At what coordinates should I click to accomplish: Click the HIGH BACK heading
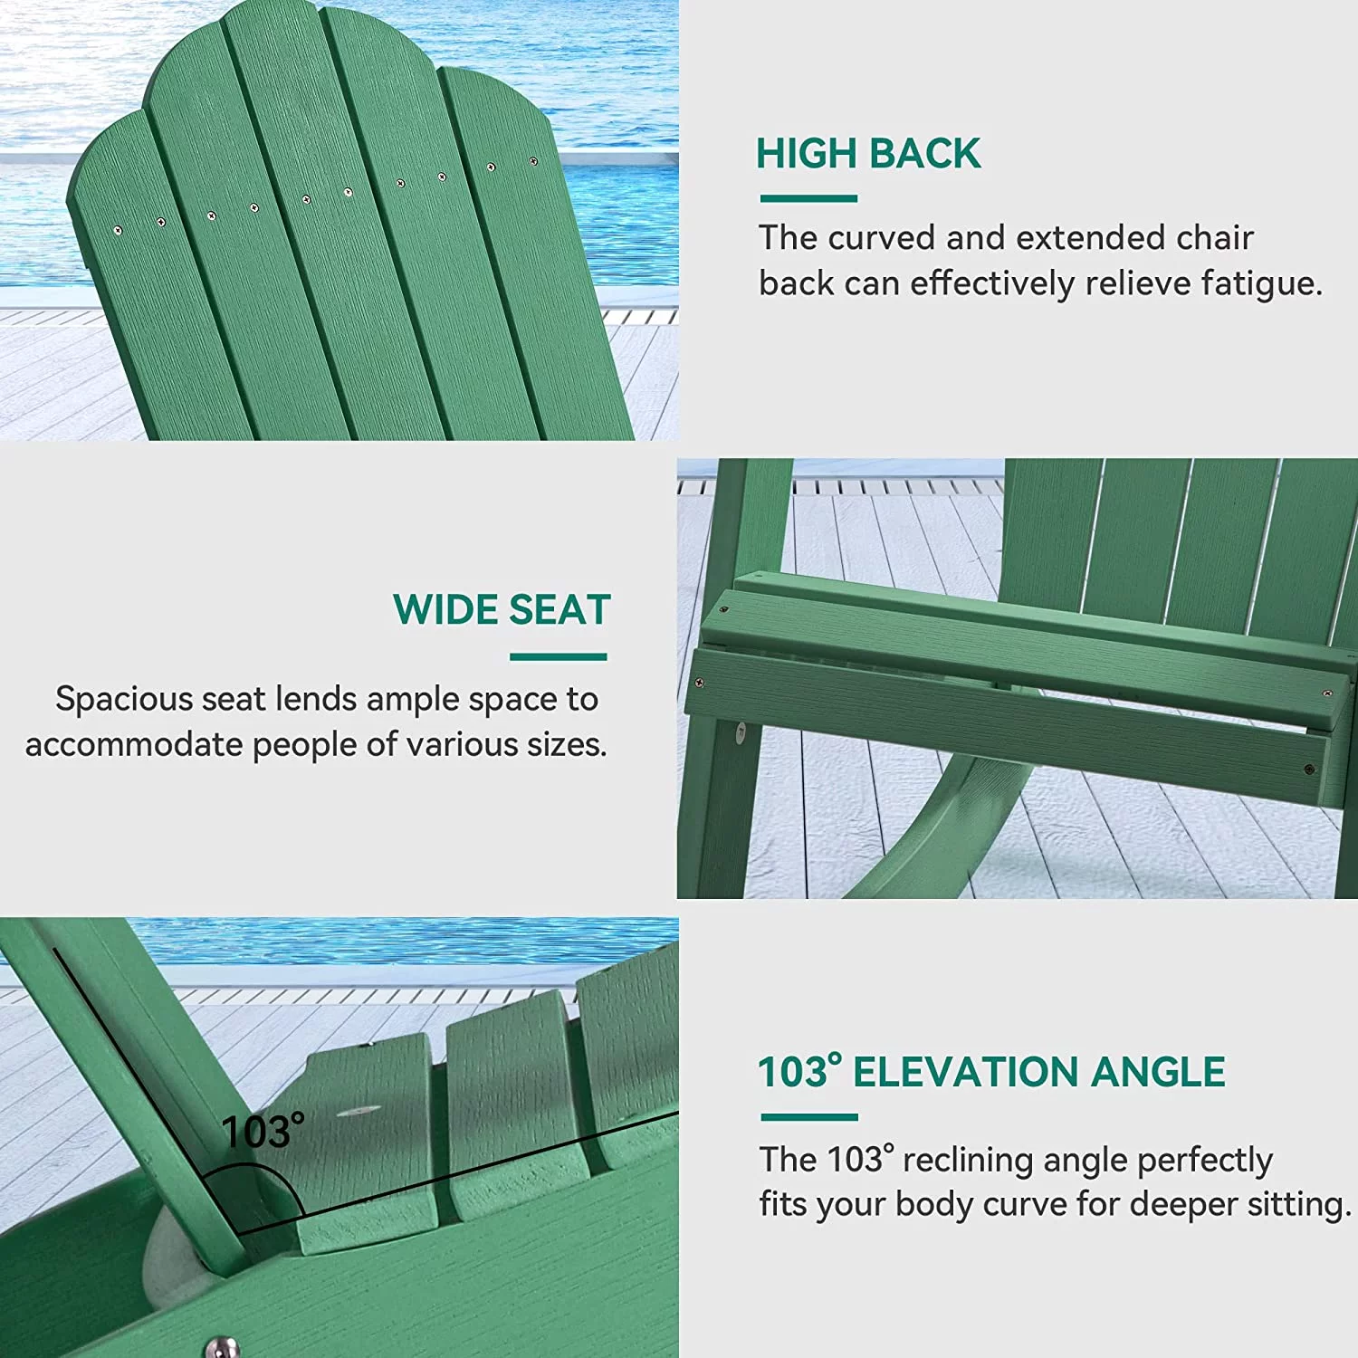coord(868,153)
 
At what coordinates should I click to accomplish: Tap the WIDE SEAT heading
coord(502,609)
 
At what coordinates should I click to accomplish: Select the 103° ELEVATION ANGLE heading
coord(991,1072)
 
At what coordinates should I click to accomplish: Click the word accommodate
coord(134,745)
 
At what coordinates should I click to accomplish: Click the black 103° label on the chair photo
coord(263,1132)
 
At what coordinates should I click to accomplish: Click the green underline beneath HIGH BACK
coord(808,198)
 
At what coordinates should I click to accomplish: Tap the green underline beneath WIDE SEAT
coord(558,657)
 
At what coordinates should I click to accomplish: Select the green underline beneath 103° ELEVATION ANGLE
coord(809,1117)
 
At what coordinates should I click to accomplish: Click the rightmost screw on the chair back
coord(533,162)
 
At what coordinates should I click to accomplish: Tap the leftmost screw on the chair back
coord(118,230)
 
